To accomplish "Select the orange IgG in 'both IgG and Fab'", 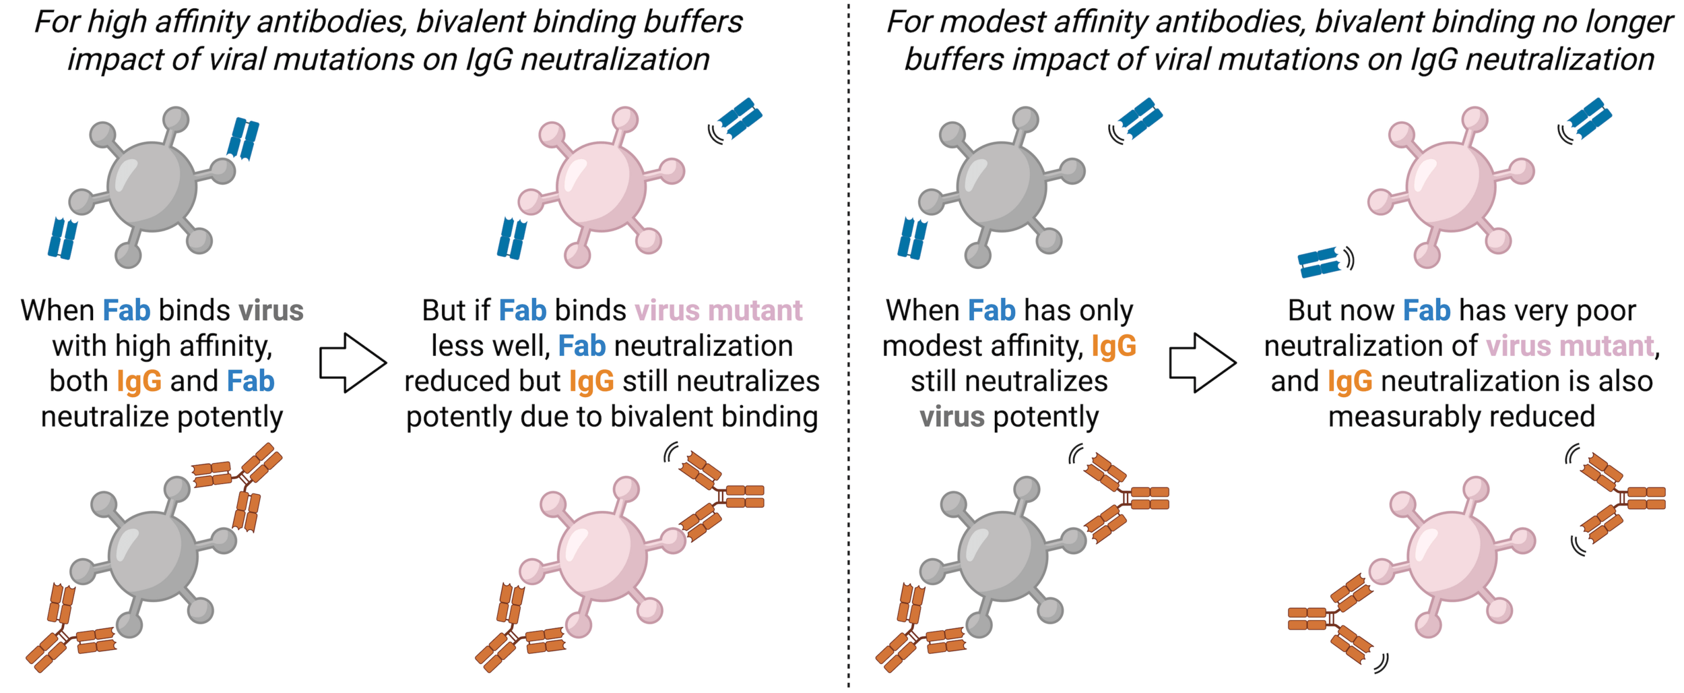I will (139, 382).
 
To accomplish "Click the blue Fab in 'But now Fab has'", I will (1427, 311).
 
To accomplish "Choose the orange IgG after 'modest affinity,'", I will (1114, 346).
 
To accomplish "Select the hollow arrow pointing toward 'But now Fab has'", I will (1202, 363).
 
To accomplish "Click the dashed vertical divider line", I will (849, 337).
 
